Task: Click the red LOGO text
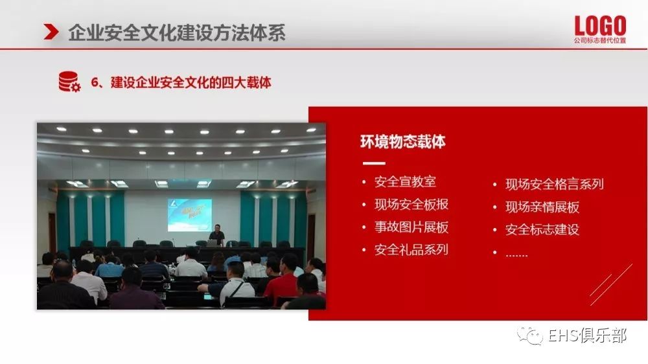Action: click(600, 26)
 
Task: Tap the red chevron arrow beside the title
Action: click(51, 32)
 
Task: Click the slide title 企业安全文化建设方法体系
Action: click(176, 32)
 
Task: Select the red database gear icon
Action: click(69, 82)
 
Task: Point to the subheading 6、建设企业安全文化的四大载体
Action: click(181, 82)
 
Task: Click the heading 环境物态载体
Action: click(402, 142)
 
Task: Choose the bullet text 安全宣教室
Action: click(405, 181)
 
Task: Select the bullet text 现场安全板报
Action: click(411, 204)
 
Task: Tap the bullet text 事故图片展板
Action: click(411, 227)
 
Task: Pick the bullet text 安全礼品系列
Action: click(411, 249)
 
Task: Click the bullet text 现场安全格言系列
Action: click(554, 184)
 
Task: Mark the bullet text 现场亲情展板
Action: click(542, 207)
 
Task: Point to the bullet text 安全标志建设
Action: click(542, 229)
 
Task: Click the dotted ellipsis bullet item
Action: click(516, 255)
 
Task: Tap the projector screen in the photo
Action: click(190, 215)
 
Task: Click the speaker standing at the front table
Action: click(217, 234)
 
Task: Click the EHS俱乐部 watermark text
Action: click(587, 336)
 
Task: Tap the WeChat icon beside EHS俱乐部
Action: click(530, 336)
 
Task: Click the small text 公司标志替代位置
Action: click(599, 41)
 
